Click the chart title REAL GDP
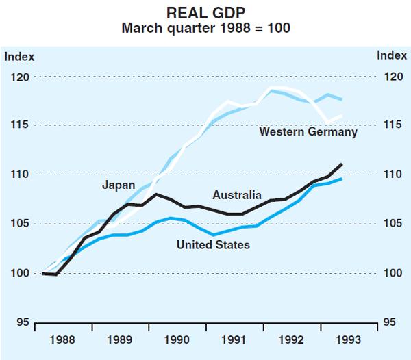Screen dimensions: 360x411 206,13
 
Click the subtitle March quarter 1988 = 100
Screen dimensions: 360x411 206,29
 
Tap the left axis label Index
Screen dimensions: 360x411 19,57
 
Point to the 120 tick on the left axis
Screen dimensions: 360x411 20,77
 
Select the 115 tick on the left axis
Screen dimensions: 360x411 20,126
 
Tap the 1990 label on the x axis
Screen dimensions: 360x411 177,339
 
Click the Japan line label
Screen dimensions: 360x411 119,185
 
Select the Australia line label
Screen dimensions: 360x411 236,196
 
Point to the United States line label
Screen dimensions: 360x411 213,244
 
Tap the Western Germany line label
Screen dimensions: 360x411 308,132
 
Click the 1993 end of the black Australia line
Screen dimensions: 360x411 341,164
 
